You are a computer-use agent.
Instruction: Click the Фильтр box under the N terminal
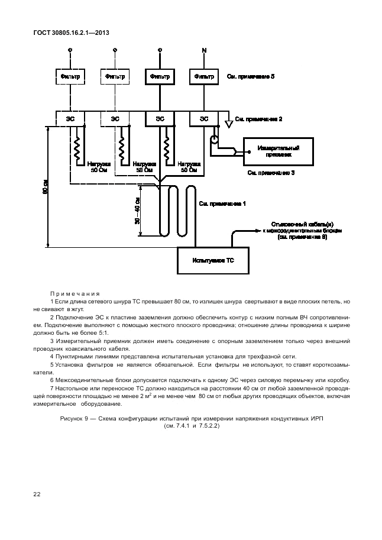click(204, 77)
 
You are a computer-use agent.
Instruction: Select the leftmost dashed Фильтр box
click(70, 77)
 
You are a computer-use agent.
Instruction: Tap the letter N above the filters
click(205, 50)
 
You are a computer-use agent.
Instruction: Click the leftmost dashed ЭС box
click(70, 118)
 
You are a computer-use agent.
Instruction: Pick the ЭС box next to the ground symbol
click(204, 118)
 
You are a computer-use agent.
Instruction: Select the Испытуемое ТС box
click(213, 260)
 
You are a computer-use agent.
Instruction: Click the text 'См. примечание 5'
click(251, 77)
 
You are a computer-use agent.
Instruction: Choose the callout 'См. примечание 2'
click(258, 119)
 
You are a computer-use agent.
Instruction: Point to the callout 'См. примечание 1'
click(223, 203)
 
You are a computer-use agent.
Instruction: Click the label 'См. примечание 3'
click(271, 173)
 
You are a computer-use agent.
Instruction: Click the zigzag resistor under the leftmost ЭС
click(77, 151)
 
